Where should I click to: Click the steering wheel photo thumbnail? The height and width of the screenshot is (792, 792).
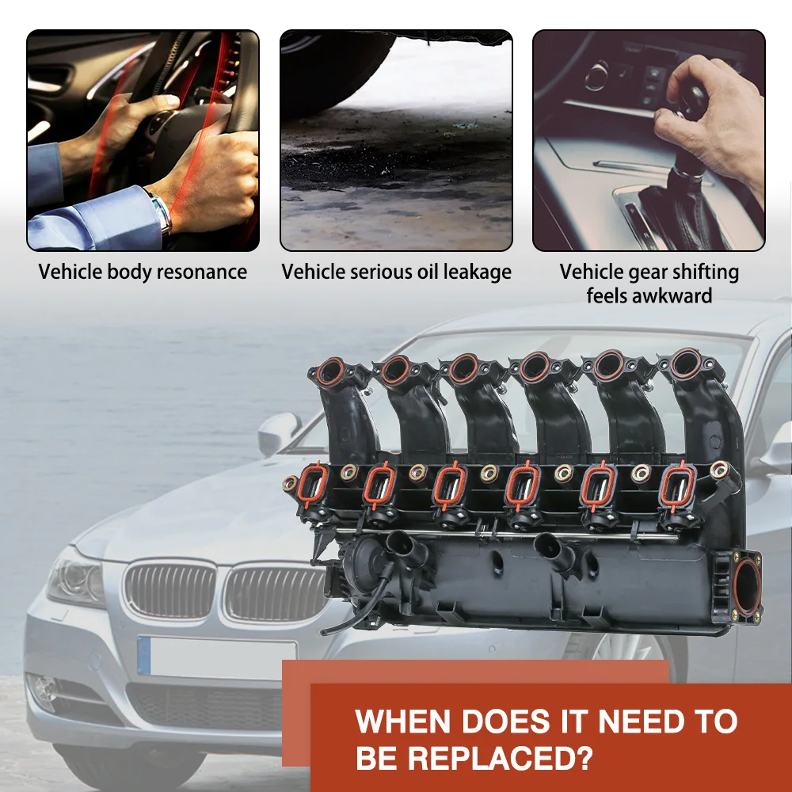[143, 141]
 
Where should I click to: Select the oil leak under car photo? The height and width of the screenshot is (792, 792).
[396, 141]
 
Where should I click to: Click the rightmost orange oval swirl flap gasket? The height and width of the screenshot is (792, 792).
[678, 485]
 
